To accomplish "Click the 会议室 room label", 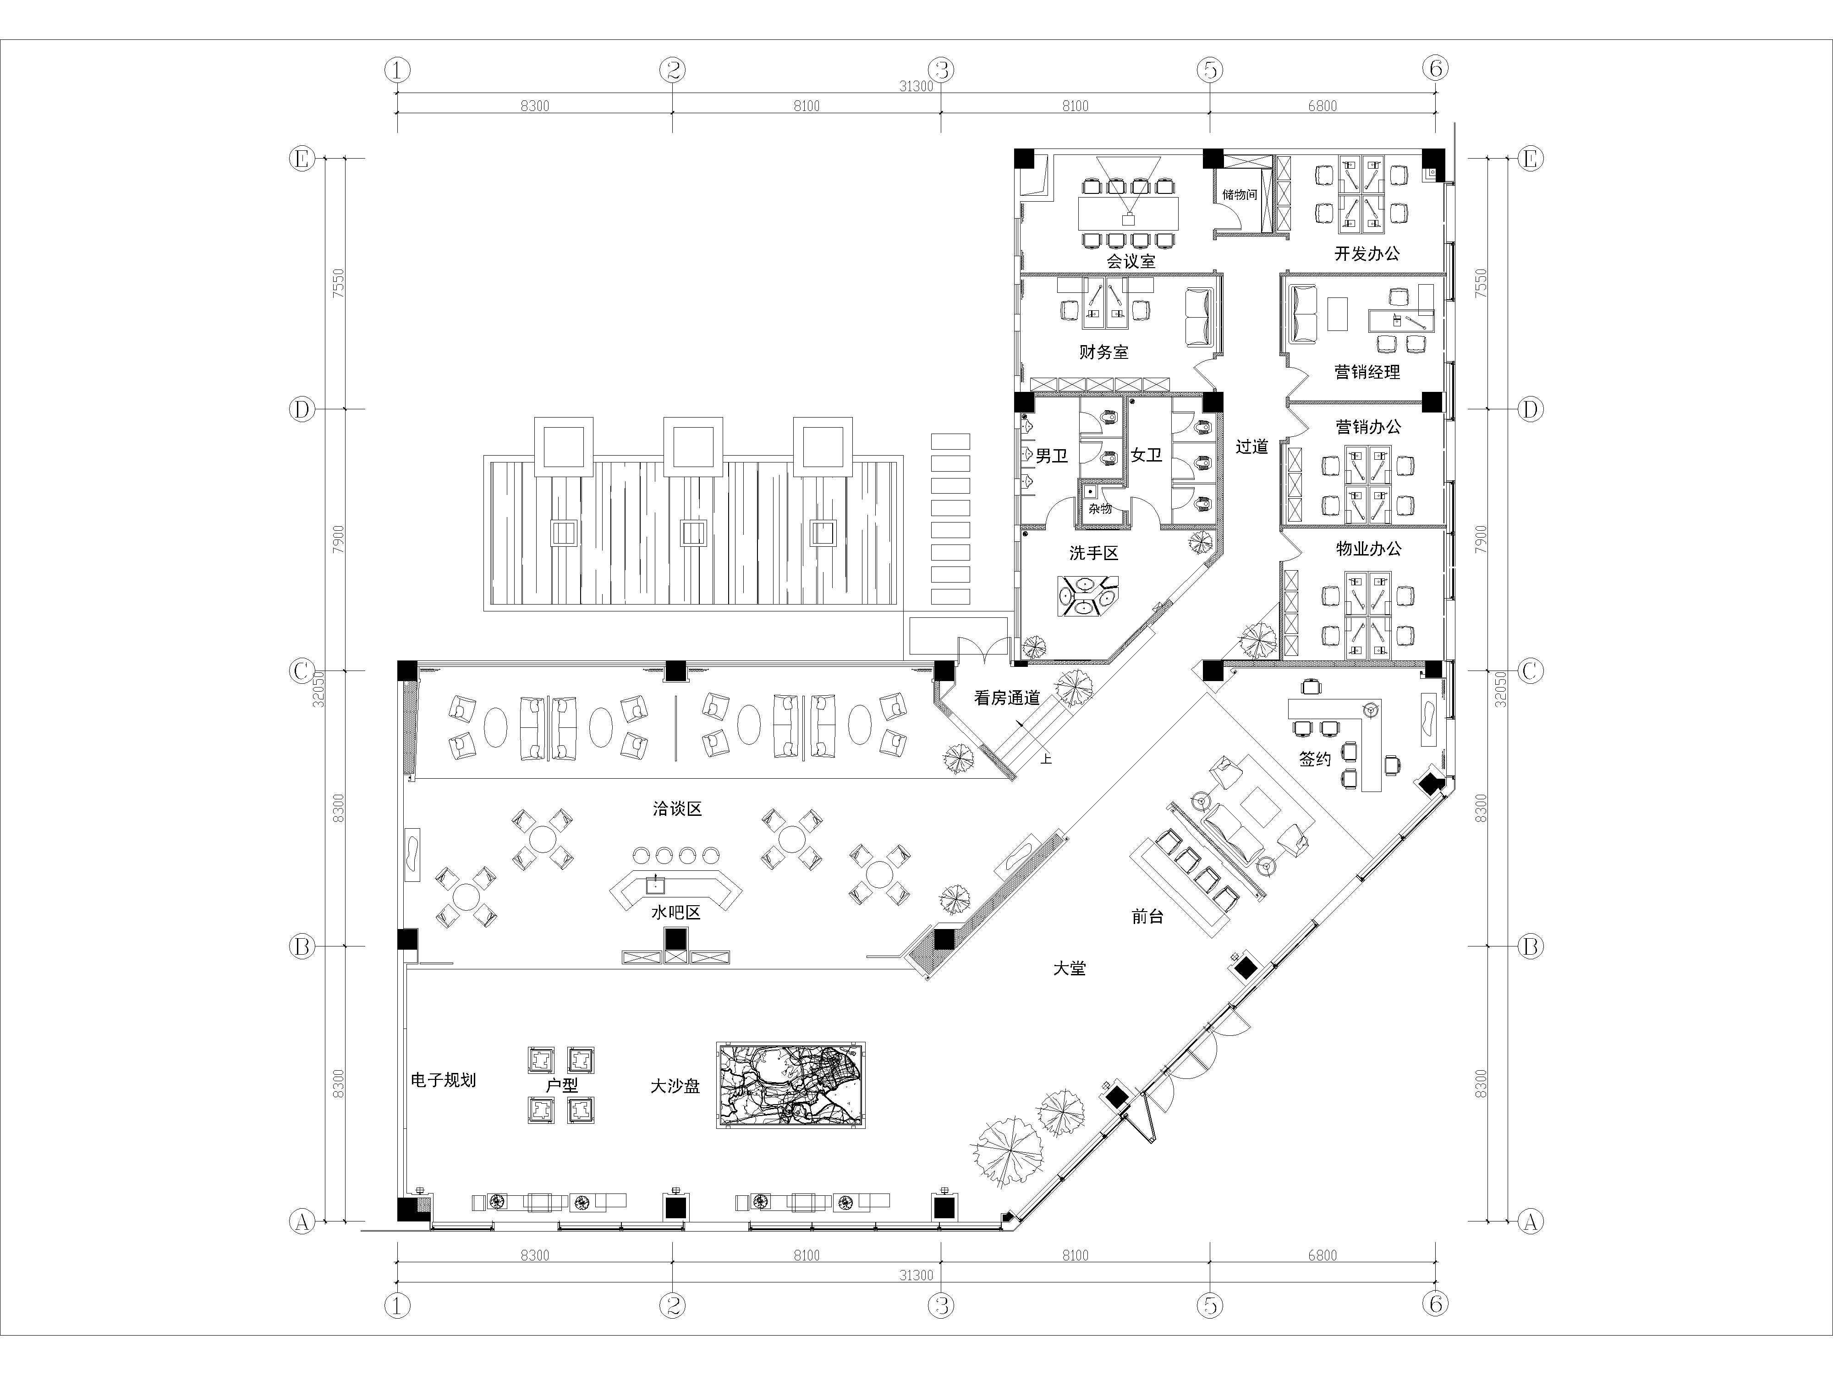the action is (x=1131, y=261).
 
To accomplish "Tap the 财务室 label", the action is (x=1104, y=352).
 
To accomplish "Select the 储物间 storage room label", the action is (x=1240, y=195).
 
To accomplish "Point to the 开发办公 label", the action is (x=1367, y=253).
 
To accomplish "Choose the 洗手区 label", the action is (x=1094, y=553).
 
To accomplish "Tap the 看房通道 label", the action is (x=1007, y=698).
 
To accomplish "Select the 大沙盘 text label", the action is (x=675, y=1086).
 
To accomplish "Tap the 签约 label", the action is (x=1315, y=759).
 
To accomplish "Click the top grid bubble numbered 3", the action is (x=940, y=70).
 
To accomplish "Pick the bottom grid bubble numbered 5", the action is (x=1210, y=1305).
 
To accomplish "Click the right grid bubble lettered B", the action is (x=1531, y=946).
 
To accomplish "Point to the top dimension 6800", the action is (x=1323, y=105).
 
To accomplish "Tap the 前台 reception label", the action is (x=1148, y=917).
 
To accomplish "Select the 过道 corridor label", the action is (x=1252, y=447).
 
